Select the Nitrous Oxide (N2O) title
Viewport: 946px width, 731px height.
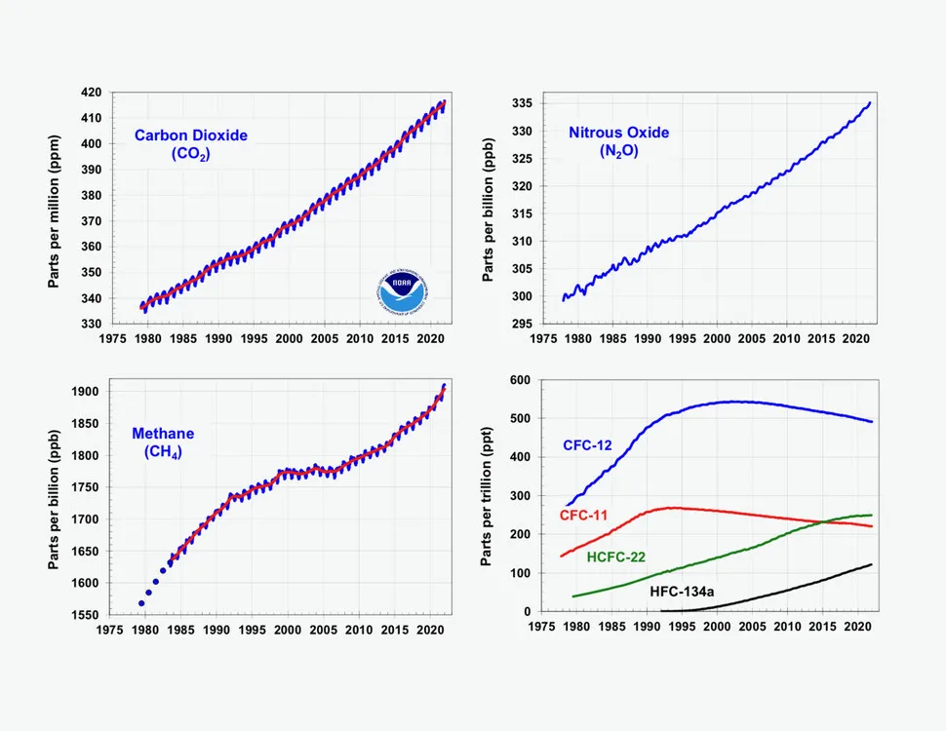click(619, 141)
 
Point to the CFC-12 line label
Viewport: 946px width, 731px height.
click(588, 445)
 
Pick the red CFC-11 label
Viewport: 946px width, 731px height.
click(585, 514)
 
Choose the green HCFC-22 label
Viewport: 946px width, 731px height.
click(618, 557)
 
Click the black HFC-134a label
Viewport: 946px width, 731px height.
click(684, 591)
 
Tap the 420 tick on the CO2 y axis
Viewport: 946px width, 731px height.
click(91, 93)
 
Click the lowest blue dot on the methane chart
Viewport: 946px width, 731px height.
click(141, 603)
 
